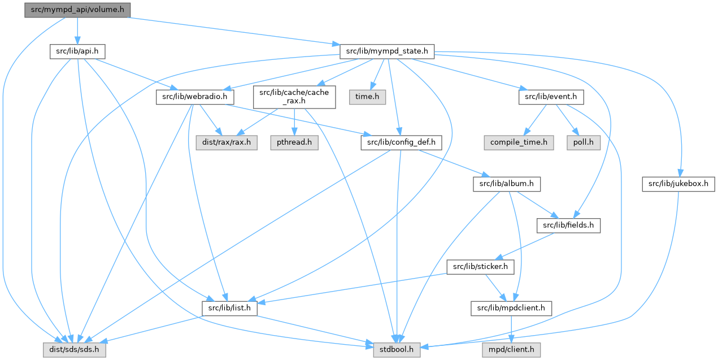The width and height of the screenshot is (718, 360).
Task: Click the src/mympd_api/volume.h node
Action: tap(77, 10)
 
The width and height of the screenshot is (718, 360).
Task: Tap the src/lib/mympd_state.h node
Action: tap(387, 51)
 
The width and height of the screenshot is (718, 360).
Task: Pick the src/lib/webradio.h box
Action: tap(195, 97)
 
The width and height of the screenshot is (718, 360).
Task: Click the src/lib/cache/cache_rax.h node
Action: tap(294, 97)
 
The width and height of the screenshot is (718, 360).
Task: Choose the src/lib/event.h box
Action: tap(551, 97)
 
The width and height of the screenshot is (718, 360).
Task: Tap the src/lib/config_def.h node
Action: tap(401, 142)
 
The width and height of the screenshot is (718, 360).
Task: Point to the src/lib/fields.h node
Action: tap(568, 225)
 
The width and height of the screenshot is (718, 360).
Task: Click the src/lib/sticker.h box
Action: tap(480, 267)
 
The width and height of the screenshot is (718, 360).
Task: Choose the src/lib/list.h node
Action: tap(230, 308)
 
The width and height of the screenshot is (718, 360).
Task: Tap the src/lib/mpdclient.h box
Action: tap(512, 308)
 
